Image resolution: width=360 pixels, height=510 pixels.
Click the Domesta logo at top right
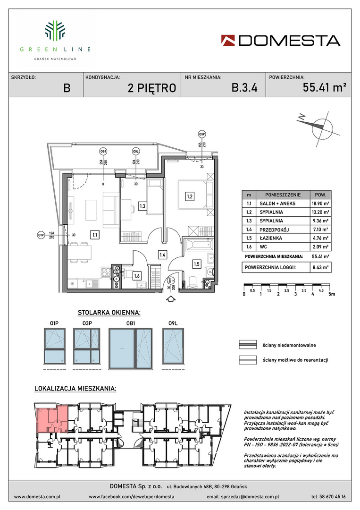coord(281,41)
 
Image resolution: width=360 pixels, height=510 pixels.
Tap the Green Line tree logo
coord(55,31)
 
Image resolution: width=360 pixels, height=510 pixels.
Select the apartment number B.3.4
coord(244,87)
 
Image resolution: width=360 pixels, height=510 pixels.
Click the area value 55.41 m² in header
coord(324,87)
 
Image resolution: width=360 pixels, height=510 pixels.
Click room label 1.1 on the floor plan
coord(94,235)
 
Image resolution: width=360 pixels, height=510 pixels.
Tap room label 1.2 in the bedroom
coord(189,196)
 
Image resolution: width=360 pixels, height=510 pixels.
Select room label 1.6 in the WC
coord(137,276)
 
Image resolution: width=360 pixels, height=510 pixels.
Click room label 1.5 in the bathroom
coord(197,264)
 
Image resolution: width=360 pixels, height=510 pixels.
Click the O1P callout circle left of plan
coord(41,235)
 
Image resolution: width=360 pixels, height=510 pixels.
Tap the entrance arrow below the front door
coord(171,298)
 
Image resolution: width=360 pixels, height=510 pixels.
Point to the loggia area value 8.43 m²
coord(321,268)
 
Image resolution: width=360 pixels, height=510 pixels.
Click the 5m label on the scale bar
coord(331,294)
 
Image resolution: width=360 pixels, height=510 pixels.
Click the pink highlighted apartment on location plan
coord(52,418)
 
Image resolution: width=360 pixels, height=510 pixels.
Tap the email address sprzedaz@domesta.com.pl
coord(243,497)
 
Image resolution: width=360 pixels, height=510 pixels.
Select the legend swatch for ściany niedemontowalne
coord(248,345)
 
